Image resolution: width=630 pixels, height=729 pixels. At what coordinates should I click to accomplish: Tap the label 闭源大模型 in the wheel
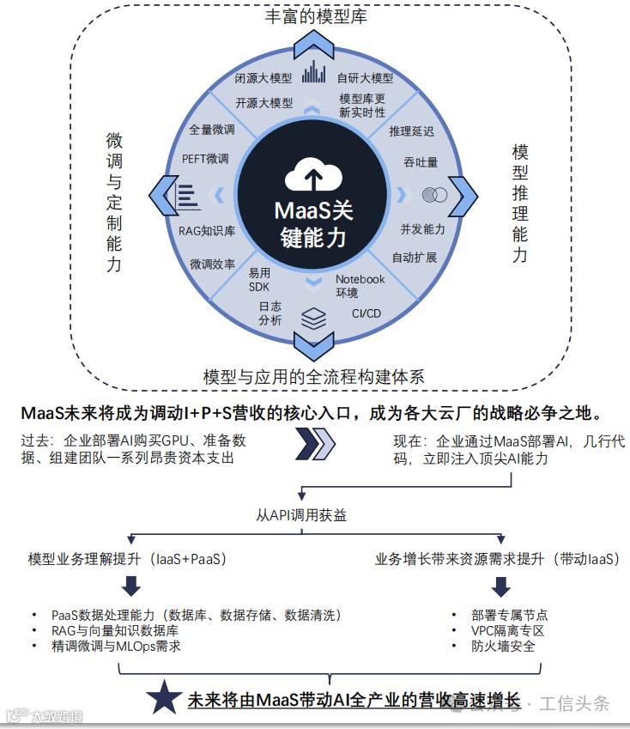point(264,78)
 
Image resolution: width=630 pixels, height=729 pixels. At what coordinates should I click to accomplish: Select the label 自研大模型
point(365,78)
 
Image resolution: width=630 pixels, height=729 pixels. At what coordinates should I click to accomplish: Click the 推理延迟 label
point(411,131)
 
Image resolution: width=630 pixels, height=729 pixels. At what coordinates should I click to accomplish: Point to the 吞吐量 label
point(421,161)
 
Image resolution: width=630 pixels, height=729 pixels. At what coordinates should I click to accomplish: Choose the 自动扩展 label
point(415,258)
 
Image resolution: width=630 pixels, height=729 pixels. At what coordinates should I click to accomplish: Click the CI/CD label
point(366,313)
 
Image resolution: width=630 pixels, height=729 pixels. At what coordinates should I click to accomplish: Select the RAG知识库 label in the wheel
point(207,231)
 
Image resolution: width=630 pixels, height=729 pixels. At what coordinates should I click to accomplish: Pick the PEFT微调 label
point(205,159)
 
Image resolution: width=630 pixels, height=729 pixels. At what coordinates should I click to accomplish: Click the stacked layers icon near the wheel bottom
point(313,318)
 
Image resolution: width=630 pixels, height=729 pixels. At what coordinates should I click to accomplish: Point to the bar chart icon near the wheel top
point(314,73)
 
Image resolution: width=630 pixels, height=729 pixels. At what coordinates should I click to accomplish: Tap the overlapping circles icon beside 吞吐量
point(434,195)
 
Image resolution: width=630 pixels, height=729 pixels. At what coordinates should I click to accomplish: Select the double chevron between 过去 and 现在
point(313,446)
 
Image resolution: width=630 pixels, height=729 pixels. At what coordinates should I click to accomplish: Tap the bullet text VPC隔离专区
point(508,630)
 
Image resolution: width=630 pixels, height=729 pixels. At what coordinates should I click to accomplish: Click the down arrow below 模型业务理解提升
point(130,586)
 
